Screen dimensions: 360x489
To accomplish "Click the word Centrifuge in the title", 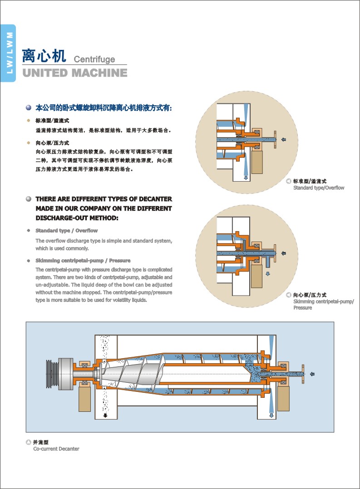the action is point(94,59).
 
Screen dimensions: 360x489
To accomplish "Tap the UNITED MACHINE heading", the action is point(75,73).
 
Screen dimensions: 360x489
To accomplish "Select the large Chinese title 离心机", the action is point(44,56).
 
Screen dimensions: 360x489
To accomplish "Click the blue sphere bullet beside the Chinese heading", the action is point(29,108).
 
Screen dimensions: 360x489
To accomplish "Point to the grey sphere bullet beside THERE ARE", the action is point(29,199).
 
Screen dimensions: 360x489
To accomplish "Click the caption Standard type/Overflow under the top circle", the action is point(319,188).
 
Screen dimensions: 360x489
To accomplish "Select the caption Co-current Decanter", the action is point(56,449).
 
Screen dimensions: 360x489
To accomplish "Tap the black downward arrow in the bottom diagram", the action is point(105,415).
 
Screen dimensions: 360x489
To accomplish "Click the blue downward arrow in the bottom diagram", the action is point(271,415).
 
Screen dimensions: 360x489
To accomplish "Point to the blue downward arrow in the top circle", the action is point(246,178).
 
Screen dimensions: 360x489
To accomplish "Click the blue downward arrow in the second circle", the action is point(267,274).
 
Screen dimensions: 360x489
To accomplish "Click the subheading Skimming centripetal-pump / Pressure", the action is point(83,261).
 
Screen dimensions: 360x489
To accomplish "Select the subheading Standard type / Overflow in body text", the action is point(66,231).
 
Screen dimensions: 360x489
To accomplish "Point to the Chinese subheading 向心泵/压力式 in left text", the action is point(52,143).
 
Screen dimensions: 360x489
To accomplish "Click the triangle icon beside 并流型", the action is point(29,442).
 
